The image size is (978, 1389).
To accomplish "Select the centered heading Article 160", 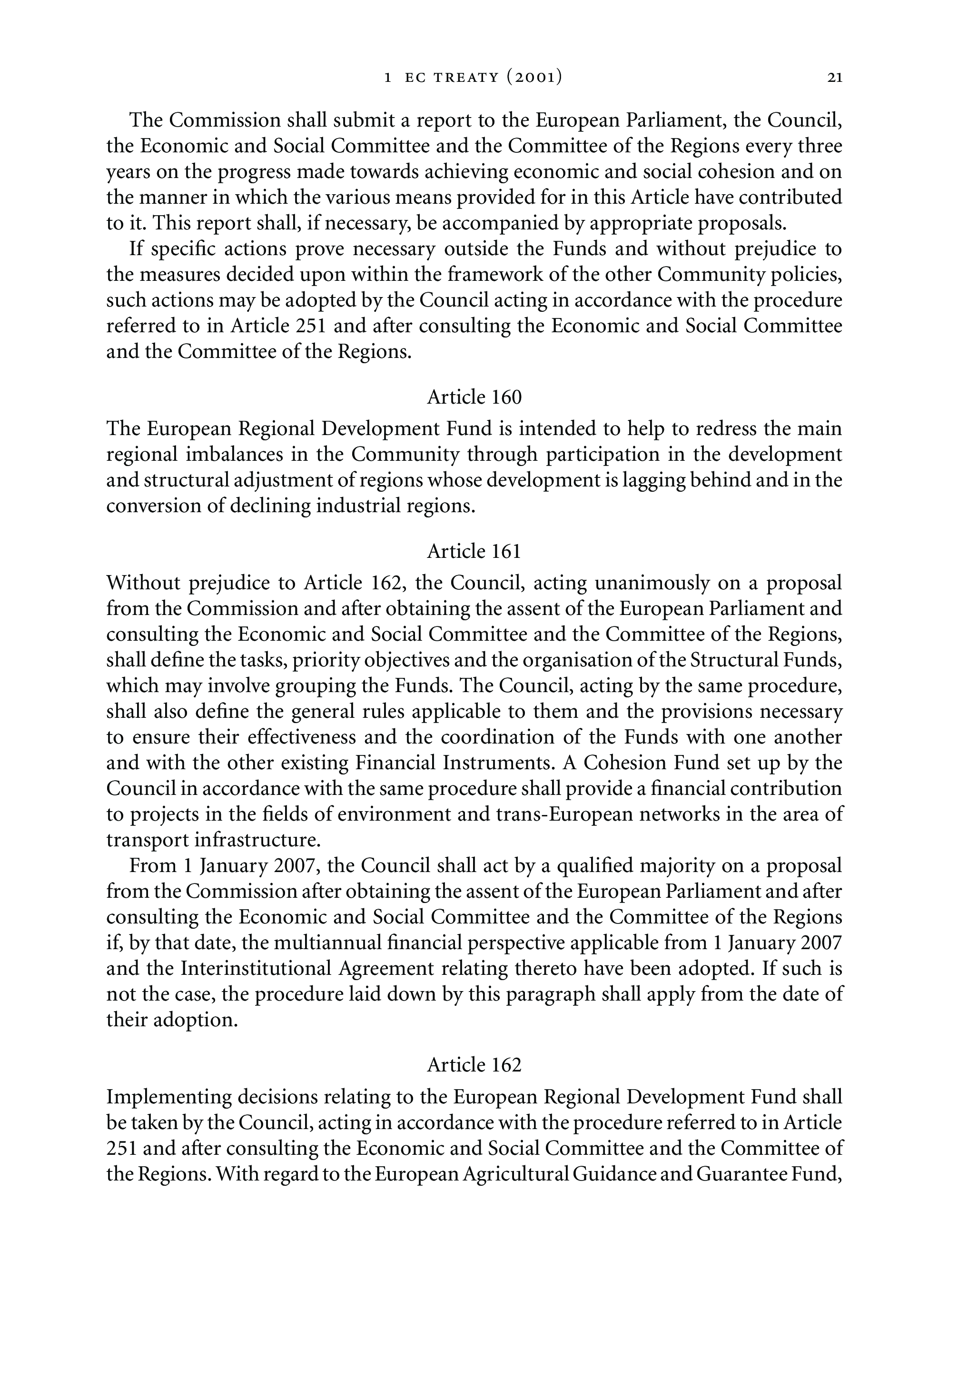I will pos(474,397).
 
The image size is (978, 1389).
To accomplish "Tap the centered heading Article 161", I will pos(474,551).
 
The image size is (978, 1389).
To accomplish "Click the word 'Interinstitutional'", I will pos(257,969).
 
